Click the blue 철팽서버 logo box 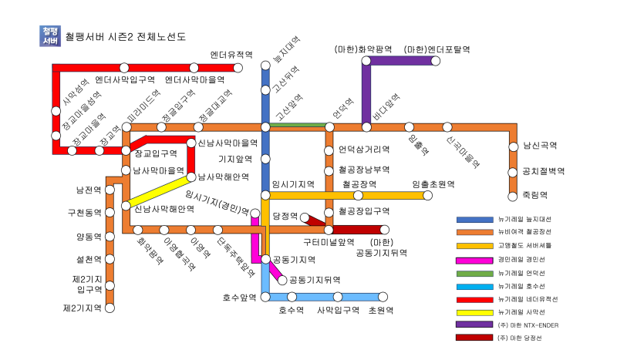point(49,35)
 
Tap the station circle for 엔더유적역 point(238,68)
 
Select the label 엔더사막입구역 point(125,79)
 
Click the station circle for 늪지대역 point(265,68)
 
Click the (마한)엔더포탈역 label point(437,49)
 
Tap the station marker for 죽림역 point(513,195)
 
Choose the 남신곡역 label point(540,145)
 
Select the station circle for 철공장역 point(358,196)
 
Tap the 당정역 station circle point(305,217)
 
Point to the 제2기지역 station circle point(110,308)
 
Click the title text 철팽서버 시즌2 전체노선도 point(126,36)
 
